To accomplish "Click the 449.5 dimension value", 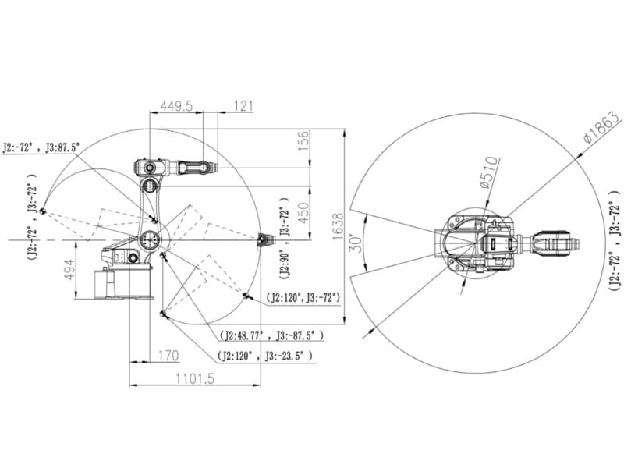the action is (176, 106).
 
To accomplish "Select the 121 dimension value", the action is (243, 106).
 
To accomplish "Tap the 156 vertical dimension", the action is (303, 140).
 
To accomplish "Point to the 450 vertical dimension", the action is (303, 213).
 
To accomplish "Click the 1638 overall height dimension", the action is (338, 226).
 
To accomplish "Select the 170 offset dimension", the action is (168, 356).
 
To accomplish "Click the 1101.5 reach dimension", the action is (195, 378).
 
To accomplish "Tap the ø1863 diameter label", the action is (601, 127).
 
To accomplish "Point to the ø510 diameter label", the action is (489, 172).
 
